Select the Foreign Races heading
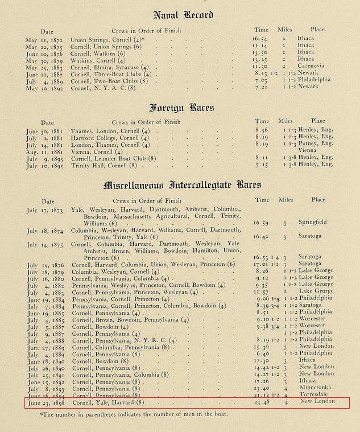180,107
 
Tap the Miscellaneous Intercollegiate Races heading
182,186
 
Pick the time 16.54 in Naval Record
261,39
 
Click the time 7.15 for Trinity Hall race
262,166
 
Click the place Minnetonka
317,388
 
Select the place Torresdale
317,395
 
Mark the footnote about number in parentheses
134,414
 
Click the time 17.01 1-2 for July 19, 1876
266,264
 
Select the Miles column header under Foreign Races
285,121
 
